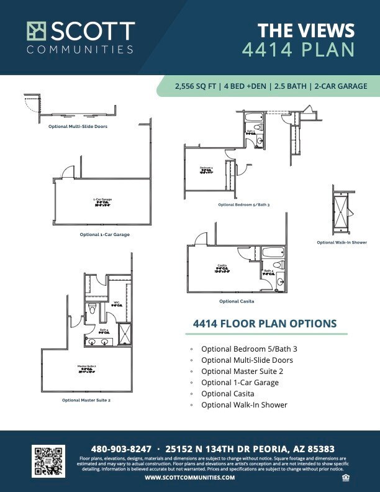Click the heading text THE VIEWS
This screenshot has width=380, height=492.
pyautogui.click(x=306, y=30)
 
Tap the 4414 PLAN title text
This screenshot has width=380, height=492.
pyautogui.click(x=297, y=50)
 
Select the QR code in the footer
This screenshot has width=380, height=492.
pyautogui.click(x=48, y=460)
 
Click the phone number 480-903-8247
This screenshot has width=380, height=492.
pyautogui.click(x=120, y=449)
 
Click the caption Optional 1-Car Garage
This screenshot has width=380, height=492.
pyautogui.click(x=104, y=235)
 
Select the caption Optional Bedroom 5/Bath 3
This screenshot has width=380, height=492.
pyautogui.click(x=243, y=204)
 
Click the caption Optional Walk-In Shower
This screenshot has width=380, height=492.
pyautogui.click(x=342, y=242)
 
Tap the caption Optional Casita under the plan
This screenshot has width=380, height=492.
pyautogui.click(x=237, y=301)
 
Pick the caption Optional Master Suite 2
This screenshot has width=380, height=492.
pyautogui.click(x=86, y=400)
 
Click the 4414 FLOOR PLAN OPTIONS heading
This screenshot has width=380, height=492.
pyautogui.click(x=265, y=324)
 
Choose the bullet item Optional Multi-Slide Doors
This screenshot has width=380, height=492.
pyautogui.click(x=247, y=360)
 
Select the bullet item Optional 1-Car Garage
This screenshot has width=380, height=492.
pyautogui.click(x=240, y=382)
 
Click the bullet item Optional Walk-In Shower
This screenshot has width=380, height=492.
pyautogui.click(x=244, y=404)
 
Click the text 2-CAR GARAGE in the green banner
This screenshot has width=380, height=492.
pyautogui.click(x=341, y=86)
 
